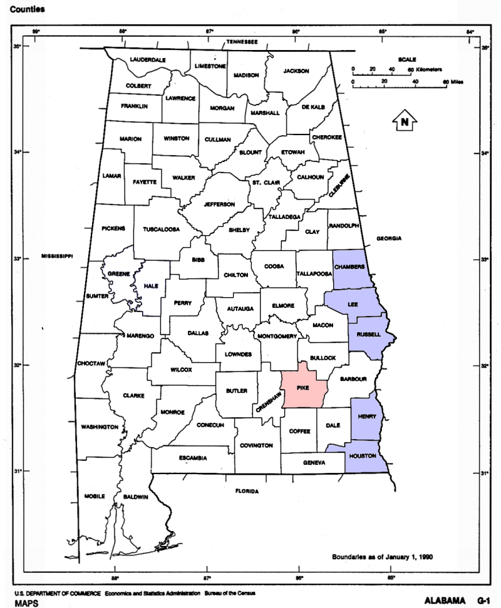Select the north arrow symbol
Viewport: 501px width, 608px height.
405,122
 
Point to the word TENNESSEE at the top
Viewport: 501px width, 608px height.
242,41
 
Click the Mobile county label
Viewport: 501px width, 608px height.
95,496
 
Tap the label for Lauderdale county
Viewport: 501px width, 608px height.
148,59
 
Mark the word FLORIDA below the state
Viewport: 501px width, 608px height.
247,491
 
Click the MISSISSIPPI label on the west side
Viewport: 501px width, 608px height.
58,256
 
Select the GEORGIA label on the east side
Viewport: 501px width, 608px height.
388,239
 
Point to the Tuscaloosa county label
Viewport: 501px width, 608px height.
161,229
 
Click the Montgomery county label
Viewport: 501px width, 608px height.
276,337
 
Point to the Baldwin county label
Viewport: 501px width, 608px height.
136,497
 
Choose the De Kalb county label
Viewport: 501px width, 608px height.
313,107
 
